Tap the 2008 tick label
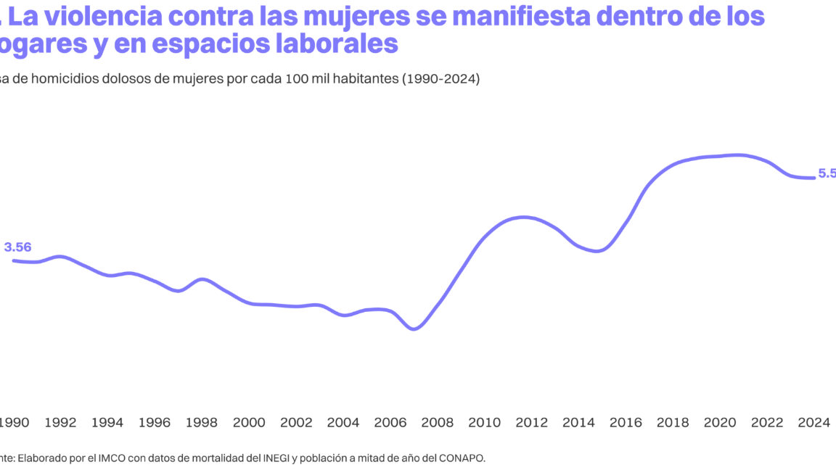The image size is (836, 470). pyautogui.click(x=438, y=423)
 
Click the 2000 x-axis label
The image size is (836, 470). pyautogui.click(x=249, y=423)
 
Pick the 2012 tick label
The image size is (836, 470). pyautogui.click(x=532, y=423)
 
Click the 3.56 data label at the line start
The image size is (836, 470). pyautogui.click(x=18, y=247)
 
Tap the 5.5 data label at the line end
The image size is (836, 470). pyautogui.click(x=827, y=173)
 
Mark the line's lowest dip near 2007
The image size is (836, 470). pyautogui.click(x=414, y=329)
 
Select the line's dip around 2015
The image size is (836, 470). pyautogui.click(x=597, y=251)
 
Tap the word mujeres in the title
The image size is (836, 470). pyautogui.click(x=406, y=15)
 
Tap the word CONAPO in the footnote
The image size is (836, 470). pyautogui.click(x=461, y=458)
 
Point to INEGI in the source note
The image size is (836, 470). pyautogui.click(x=275, y=458)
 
